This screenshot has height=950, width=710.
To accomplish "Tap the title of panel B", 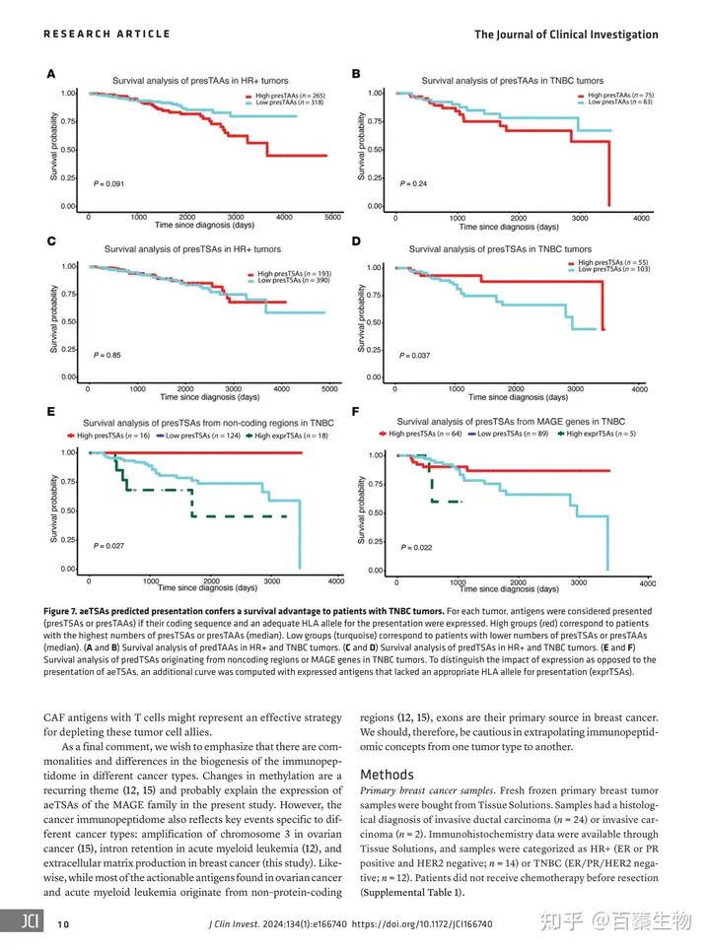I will (513, 80).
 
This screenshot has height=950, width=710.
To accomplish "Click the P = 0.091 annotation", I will (111, 184).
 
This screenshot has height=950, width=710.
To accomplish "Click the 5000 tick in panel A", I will (332, 217).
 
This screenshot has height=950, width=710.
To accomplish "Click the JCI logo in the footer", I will (25, 924).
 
